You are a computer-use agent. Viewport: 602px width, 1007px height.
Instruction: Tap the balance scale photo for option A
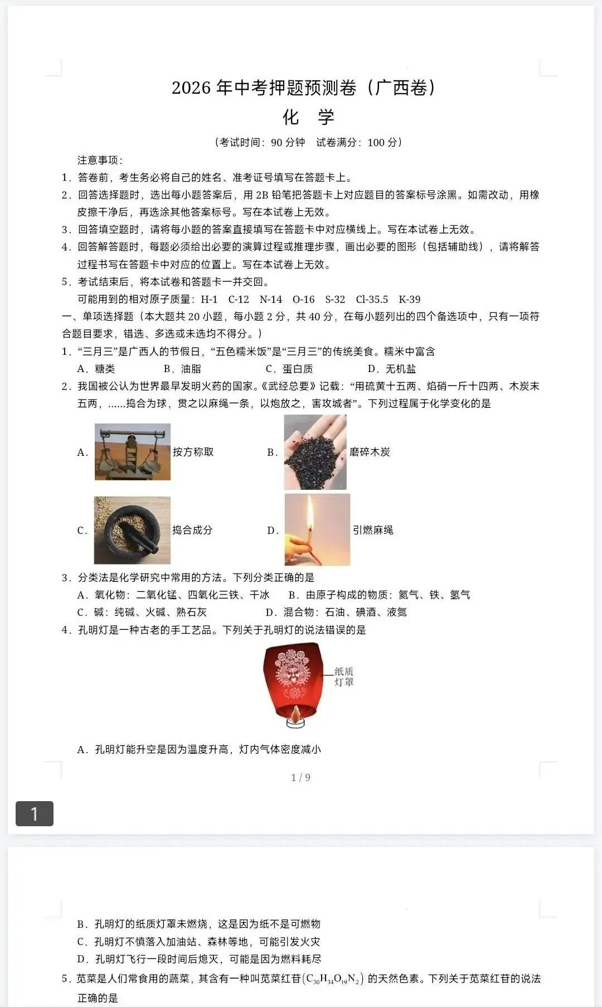coord(133,452)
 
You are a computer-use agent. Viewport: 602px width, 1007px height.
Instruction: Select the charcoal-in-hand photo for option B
coord(315,452)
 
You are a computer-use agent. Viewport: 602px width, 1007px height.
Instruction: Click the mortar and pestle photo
coord(132,530)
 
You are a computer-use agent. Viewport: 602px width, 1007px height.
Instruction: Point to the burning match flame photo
coord(317,529)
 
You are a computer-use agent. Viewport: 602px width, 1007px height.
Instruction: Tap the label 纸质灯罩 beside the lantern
coord(344,677)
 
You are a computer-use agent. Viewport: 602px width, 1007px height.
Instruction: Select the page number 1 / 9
coord(301,777)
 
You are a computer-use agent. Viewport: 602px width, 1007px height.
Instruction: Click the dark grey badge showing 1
coord(35,813)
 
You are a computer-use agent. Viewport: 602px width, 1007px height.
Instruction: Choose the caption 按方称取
coord(193,452)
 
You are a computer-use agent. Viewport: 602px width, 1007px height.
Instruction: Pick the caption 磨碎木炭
coord(370,452)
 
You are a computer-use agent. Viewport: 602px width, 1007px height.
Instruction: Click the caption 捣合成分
coord(192,530)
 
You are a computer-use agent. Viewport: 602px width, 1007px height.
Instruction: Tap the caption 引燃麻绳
coord(373,530)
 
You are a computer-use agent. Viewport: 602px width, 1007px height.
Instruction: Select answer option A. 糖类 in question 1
coord(96,369)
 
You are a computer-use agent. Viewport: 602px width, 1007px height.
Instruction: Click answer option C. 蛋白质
coord(289,369)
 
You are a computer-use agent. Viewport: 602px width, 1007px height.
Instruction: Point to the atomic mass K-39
coord(410,300)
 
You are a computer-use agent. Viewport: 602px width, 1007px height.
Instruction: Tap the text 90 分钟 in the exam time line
coord(288,142)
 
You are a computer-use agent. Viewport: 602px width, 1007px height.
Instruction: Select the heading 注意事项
coord(100,160)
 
